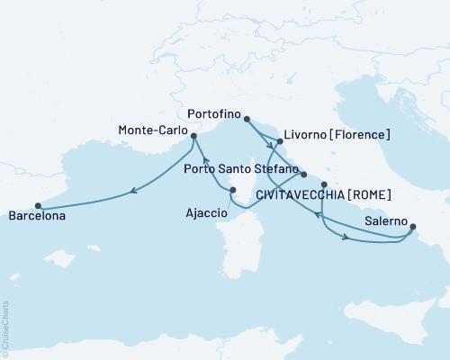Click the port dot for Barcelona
click(x=38, y=204)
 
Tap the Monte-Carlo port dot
click(x=193, y=137)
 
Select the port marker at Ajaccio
click(x=232, y=189)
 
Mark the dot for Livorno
click(x=280, y=141)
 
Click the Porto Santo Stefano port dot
click(x=304, y=175)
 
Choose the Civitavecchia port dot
click(x=324, y=184)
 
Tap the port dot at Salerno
click(x=412, y=229)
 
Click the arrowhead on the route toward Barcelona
click(x=133, y=190)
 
